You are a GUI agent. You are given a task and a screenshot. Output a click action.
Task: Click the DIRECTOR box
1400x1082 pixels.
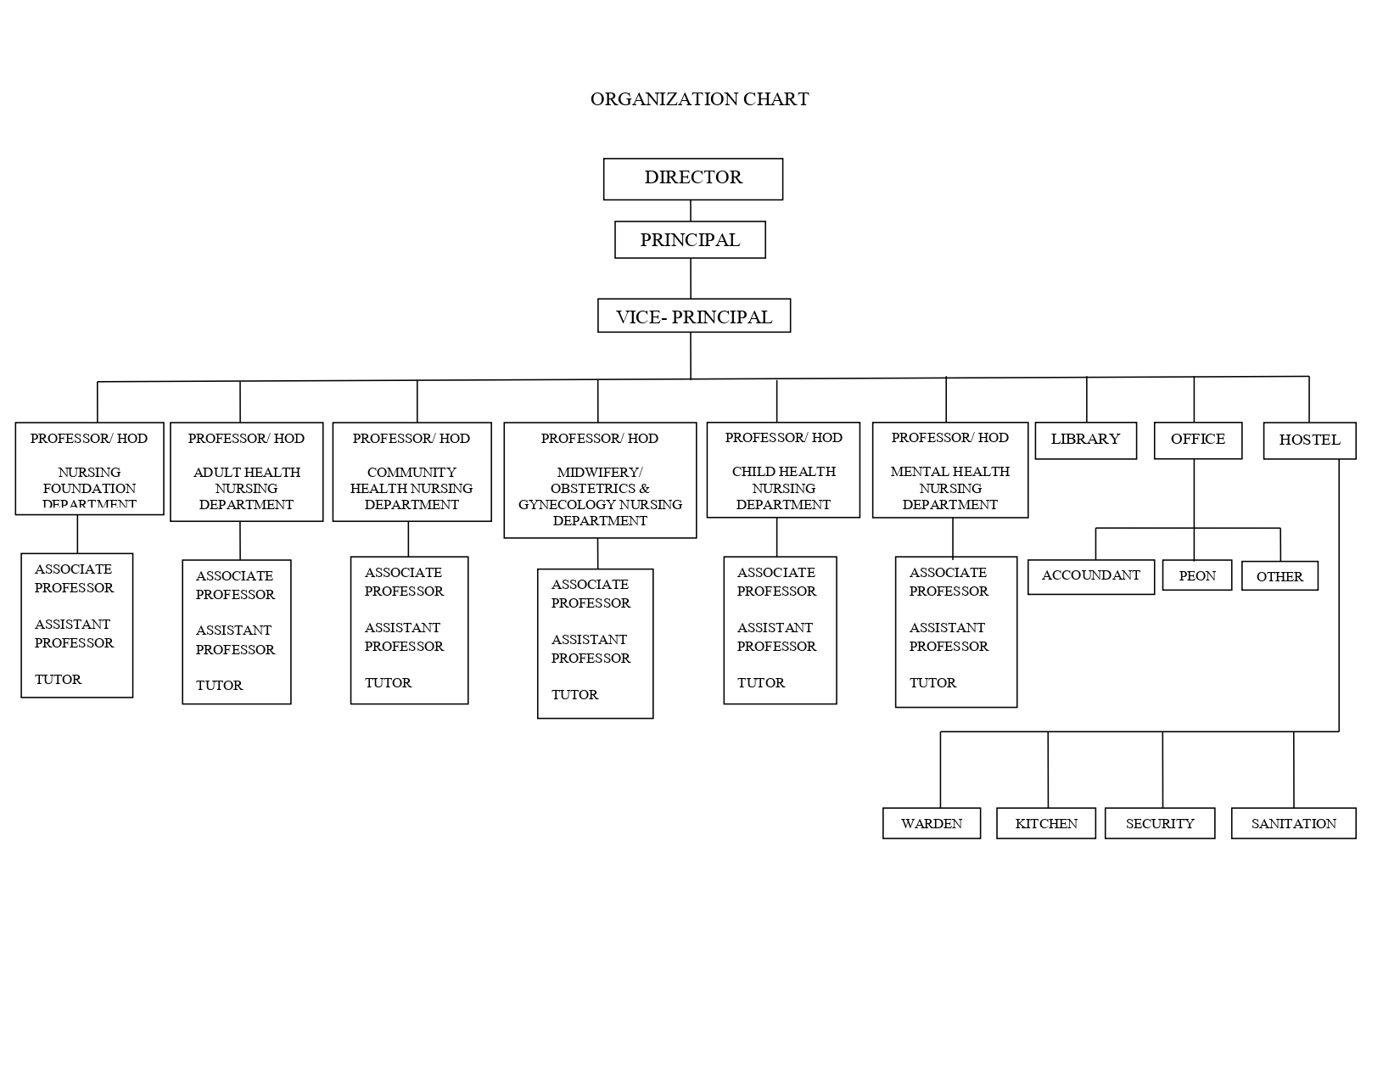point(692,178)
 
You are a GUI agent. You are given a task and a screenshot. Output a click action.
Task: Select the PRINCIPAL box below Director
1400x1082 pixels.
point(690,240)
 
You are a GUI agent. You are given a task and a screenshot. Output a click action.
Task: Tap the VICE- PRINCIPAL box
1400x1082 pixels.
point(694,317)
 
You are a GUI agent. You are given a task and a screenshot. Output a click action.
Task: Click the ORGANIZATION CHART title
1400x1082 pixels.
point(699,99)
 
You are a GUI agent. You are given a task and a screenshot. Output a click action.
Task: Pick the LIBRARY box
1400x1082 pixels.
point(1085,440)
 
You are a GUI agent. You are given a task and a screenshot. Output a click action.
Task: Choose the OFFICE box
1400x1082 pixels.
point(1197,440)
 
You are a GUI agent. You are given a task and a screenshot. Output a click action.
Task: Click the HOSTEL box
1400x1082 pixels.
point(1309,440)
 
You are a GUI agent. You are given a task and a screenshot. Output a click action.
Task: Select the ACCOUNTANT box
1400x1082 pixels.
point(1090,576)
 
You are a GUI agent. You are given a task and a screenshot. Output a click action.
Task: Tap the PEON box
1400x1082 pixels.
point(1196,576)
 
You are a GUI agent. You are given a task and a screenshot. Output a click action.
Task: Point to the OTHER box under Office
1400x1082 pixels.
point(1280,577)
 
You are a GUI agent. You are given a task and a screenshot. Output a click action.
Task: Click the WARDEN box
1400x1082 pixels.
point(931,823)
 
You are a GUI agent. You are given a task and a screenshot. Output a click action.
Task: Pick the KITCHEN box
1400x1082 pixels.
point(1045,823)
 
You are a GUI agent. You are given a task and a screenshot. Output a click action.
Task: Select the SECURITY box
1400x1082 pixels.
point(1159,823)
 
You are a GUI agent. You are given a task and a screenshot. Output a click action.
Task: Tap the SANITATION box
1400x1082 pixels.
point(1293,823)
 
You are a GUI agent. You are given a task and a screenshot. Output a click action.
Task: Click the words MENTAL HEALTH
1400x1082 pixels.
point(949,472)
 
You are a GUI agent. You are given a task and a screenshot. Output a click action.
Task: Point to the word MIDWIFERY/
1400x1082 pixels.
point(600,473)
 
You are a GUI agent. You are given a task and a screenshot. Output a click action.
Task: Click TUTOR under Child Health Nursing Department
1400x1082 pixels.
point(760,683)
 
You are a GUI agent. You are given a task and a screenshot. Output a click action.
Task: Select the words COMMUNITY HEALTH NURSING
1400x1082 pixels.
point(412,480)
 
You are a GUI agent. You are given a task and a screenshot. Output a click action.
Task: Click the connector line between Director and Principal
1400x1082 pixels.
point(691,211)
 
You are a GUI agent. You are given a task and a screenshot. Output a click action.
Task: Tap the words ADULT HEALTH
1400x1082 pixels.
point(246,473)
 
